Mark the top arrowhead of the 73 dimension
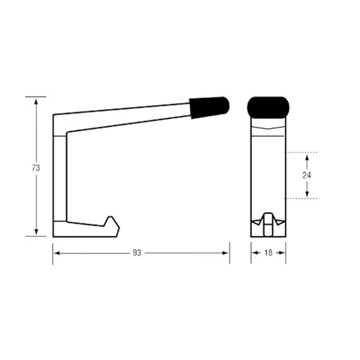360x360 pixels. point(36,100)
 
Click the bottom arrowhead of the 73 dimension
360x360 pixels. point(36,232)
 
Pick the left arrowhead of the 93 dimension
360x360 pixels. point(56,253)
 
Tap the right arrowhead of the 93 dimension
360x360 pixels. point(226,253)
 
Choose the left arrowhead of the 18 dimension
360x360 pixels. point(253,253)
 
